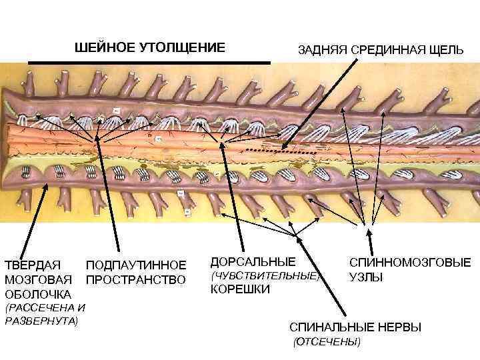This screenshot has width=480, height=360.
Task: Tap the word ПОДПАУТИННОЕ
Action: click(137, 265)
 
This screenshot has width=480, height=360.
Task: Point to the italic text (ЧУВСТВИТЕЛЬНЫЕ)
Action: click(265, 275)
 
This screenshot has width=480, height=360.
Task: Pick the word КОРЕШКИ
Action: click(239, 289)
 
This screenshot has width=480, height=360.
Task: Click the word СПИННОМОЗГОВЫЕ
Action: click(410, 263)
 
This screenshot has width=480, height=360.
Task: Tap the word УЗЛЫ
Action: click(367, 277)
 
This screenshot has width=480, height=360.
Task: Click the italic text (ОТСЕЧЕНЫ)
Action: click(327, 342)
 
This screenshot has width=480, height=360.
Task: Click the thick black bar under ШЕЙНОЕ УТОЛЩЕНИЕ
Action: click(149, 62)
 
